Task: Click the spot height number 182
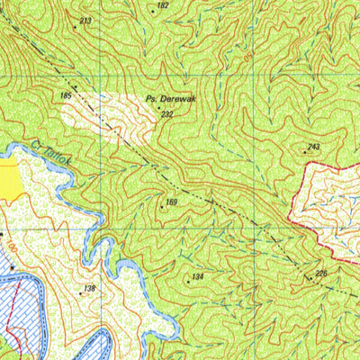click(x=162, y=5)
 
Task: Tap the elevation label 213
click(x=85, y=20)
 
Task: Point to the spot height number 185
click(x=66, y=94)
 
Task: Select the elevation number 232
click(x=166, y=114)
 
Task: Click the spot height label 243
click(x=313, y=147)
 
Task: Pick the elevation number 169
click(x=172, y=202)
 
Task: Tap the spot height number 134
click(x=199, y=276)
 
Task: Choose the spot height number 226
click(x=321, y=273)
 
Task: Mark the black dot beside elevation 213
click(x=75, y=27)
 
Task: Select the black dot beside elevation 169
click(x=162, y=208)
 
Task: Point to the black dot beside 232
click(x=159, y=108)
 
